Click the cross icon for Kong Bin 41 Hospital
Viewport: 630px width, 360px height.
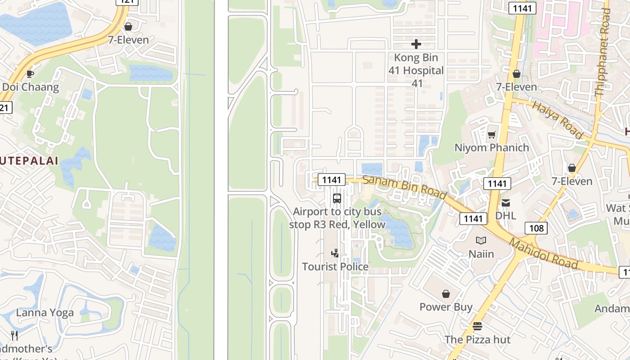coord(416,44)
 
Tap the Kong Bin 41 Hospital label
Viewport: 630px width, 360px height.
coord(416,70)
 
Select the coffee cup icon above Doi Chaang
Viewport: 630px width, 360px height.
coord(30,74)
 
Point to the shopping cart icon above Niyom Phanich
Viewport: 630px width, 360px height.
coord(491,135)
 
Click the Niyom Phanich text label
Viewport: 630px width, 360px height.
coord(491,148)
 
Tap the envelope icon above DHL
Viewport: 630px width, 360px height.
coord(506,203)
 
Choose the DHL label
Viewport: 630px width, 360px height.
coord(506,216)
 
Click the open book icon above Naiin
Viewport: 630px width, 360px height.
coord(481,241)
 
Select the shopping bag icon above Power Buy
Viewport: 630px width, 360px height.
coord(446,294)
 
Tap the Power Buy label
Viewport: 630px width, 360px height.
coord(446,307)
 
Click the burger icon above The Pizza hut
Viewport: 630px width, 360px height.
coord(477,326)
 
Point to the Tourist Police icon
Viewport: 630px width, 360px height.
coord(335,253)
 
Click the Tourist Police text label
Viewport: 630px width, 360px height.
coord(335,266)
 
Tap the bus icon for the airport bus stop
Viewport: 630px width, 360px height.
coord(337,198)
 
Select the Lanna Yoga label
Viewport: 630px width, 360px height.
coord(45,313)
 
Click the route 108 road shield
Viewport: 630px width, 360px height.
coord(536,228)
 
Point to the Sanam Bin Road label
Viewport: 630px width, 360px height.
coord(405,187)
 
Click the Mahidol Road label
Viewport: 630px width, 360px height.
coord(543,254)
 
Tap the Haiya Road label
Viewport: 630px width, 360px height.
coord(557,120)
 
